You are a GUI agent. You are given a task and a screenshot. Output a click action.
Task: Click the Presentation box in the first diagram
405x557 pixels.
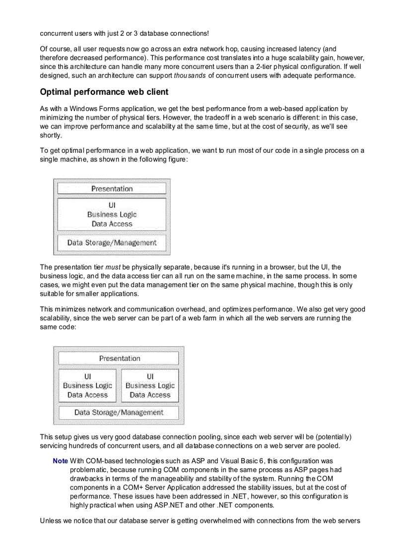click(112, 188)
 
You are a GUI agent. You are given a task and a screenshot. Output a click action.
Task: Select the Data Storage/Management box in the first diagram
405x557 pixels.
click(112, 243)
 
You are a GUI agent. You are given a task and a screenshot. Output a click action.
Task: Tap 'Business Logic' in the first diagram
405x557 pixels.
click(112, 214)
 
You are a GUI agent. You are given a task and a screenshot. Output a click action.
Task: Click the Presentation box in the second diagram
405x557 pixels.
click(119, 358)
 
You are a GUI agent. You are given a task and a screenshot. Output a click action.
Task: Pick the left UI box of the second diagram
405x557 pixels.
click(87, 385)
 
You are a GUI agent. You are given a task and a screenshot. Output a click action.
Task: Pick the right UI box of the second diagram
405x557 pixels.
click(150, 385)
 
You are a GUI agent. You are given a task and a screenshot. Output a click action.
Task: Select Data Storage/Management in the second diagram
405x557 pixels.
click(119, 412)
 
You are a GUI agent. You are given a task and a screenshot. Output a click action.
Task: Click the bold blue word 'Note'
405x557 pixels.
click(60, 461)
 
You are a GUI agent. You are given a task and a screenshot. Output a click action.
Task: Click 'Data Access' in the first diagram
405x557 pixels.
click(112, 224)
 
